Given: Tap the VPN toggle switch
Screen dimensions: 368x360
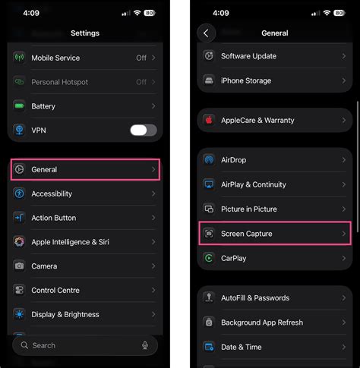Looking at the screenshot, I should point(143,131).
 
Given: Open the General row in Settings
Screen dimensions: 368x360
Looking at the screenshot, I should point(85,169).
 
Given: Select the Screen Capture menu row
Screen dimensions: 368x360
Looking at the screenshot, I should point(274,234).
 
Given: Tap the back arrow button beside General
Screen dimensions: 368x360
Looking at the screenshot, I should point(206,33).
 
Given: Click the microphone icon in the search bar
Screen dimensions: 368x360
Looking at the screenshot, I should point(145,345).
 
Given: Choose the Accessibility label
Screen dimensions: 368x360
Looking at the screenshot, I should point(52,193).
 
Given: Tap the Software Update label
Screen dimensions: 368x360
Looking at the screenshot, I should point(248,56).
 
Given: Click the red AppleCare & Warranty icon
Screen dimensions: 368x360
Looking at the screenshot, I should point(209,120).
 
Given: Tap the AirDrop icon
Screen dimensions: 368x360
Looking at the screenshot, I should point(209,160).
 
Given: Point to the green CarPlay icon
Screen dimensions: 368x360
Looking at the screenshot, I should point(209,258).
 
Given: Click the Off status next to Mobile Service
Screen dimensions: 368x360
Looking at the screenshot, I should point(141,58).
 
